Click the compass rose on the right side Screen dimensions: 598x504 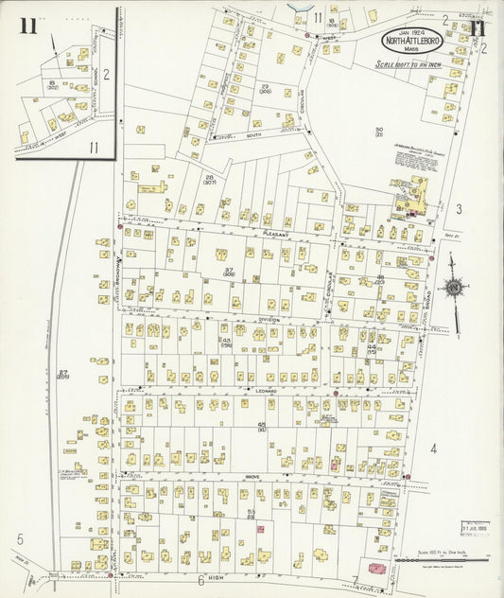tap(453, 288)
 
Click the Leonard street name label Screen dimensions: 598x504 tap(266, 389)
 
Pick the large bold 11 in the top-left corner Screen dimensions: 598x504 tap(27, 26)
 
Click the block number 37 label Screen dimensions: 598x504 tap(229, 272)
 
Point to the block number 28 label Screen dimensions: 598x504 tap(209, 177)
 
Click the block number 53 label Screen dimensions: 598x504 tap(252, 512)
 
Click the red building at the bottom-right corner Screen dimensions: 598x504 tap(376, 569)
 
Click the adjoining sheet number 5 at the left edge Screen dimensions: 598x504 tap(19, 539)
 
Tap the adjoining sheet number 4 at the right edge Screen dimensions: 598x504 tap(434, 448)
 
